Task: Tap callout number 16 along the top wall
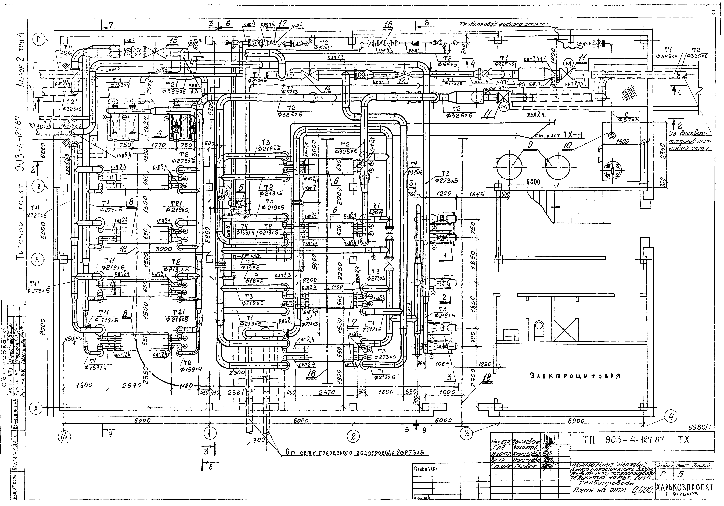388,24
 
